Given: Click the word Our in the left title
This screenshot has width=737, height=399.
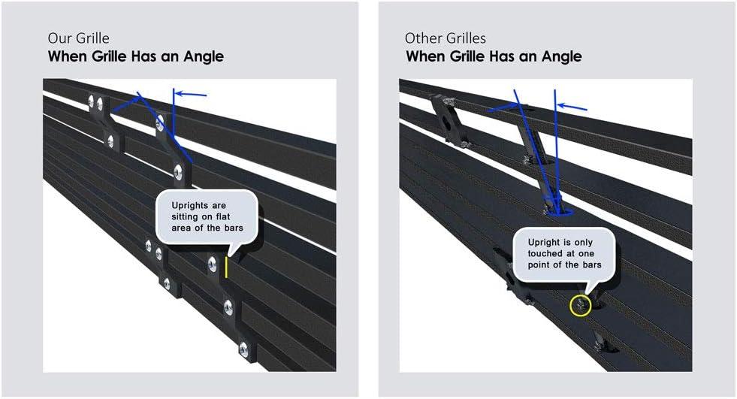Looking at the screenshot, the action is coord(58,38).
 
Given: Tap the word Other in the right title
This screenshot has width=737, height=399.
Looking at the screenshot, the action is coord(421,38).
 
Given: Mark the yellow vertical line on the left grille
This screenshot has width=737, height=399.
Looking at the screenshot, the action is coord(226,267).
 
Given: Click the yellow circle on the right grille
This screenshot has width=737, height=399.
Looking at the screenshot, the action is coord(580,306).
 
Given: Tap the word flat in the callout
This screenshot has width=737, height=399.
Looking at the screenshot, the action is coord(223,216).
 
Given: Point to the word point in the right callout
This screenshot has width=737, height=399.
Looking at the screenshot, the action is coord(539,265).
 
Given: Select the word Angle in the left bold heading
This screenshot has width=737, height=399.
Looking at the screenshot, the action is coord(204,56).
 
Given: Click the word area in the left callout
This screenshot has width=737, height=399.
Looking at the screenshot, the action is coord(181,228).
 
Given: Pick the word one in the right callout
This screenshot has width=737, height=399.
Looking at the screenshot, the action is coord(586,254).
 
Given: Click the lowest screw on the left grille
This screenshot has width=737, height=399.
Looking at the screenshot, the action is coord(243,349).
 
